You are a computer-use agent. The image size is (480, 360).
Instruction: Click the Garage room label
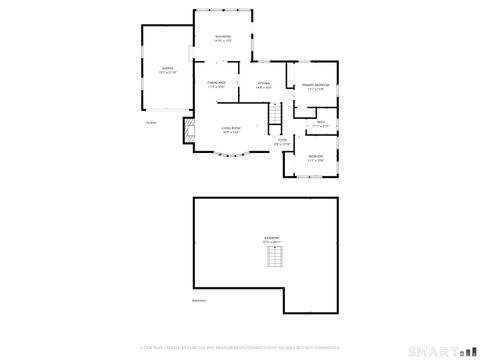tap(167, 68)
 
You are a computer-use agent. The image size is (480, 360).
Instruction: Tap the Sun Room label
tap(223, 37)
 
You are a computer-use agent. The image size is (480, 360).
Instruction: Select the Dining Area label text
tap(216, 82)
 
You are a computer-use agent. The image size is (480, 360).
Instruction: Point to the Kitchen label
tap(264, 83)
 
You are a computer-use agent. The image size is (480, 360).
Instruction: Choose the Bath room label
tap(321, 121)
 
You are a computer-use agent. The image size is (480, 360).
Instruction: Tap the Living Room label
tap(231, 128)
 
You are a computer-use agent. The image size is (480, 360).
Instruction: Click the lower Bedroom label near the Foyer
tap(315, 156)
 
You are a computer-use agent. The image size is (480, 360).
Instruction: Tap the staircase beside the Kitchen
tap(272, 117)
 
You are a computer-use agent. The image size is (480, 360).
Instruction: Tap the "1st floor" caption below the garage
tap(150, 123)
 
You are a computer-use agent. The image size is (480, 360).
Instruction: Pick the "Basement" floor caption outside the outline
tap(199, 300)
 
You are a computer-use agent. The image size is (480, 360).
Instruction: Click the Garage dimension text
tap(167, 73)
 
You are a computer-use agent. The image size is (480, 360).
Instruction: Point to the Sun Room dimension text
tap(223, 41)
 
